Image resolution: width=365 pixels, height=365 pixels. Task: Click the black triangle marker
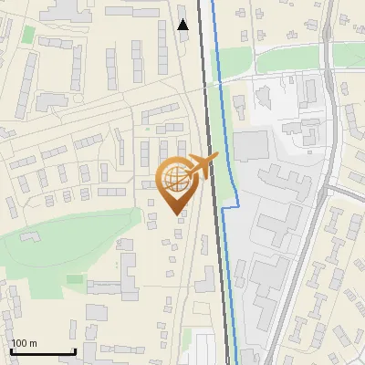(x=183, y=25)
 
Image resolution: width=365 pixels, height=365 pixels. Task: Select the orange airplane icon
(x=202, y=165)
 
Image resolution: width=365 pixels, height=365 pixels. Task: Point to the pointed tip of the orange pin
(x=176, y=214)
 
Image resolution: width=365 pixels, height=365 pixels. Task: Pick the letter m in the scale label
(x=33, y=343)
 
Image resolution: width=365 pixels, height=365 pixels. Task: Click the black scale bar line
(x=42, y=351)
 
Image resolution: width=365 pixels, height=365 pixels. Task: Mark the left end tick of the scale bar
(x=10, y=349)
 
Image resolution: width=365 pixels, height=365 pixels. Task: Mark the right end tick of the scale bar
(x=75, y=349)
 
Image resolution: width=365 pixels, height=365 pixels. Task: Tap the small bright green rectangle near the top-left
(x=28, y=35)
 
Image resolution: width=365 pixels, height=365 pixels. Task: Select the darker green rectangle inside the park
(x=74, y=278)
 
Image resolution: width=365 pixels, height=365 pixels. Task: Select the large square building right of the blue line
(x=252, y=145)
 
